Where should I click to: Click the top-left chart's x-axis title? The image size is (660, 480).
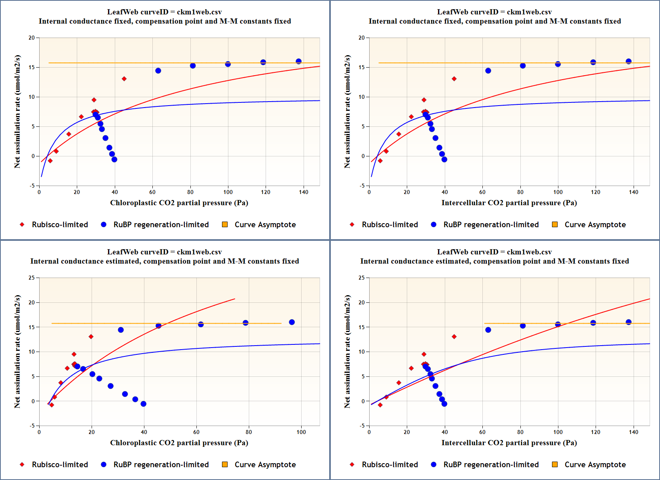coord(179,203)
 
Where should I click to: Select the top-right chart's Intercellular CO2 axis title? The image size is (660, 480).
coord(509,203)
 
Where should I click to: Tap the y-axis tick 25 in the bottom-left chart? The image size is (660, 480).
coord(32,278)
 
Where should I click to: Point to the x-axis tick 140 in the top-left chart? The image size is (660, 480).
coord(304,192)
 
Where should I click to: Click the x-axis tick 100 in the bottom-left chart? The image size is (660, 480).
coord(301,432)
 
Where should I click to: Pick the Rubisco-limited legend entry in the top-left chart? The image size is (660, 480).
coord(60,224)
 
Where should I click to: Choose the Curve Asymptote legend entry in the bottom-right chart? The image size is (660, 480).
coord(595,464)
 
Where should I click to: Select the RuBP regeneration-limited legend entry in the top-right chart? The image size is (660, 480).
coord(491,224)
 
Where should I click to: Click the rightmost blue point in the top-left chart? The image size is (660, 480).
coord(299,61)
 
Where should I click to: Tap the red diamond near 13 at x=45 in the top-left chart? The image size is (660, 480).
coord(124,79)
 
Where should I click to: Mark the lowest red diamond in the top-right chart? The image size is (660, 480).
coord(380,161)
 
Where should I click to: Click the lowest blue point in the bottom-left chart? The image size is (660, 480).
coord(144,404)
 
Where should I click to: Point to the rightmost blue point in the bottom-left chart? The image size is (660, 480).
coord(292,322)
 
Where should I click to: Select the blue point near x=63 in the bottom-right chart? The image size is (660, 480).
coord(488,330)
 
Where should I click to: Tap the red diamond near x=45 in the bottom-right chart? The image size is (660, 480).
coord(454,337)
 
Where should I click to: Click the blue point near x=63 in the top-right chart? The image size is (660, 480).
coord(488,71)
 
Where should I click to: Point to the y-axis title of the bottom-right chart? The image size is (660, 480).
coord(347,351)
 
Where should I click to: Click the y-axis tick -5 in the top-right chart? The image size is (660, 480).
coord(362,186)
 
